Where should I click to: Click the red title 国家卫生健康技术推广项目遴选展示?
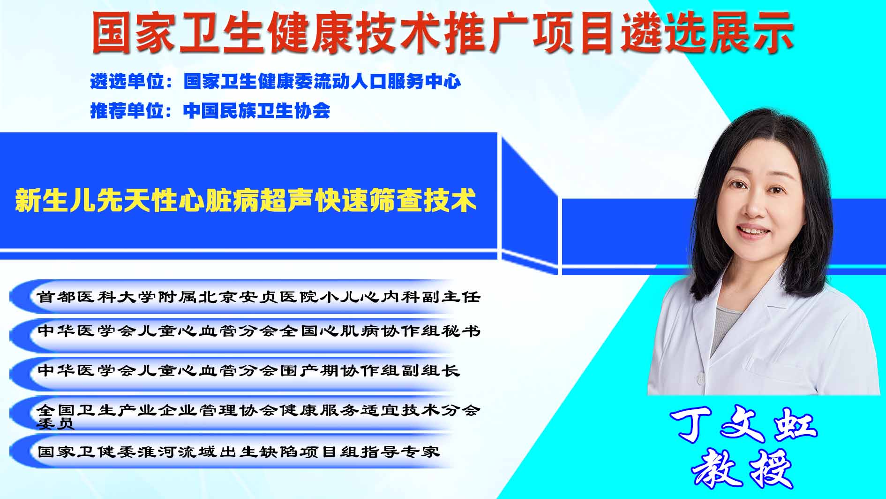point(443,32)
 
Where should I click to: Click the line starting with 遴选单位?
point(275,82)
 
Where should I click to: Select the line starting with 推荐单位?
point(210,111)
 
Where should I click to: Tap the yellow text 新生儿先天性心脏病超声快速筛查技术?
point(246,200)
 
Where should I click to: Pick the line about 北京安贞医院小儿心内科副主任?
point(259,297)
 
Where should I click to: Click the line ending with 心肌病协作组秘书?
point(259,331)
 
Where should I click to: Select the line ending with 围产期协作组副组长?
point(248,370)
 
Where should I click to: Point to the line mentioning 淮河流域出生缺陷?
point(239,452)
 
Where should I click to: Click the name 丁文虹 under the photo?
point(744,426)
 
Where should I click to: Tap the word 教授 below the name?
point(742,469)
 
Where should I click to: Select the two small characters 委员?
point(55,424)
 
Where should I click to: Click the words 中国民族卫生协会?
point(256,111)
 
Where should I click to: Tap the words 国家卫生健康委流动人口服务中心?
point(322,82)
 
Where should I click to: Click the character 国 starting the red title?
point(112,32)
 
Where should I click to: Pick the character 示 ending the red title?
point(773,32)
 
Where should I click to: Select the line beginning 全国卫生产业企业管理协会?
point(259,416)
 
